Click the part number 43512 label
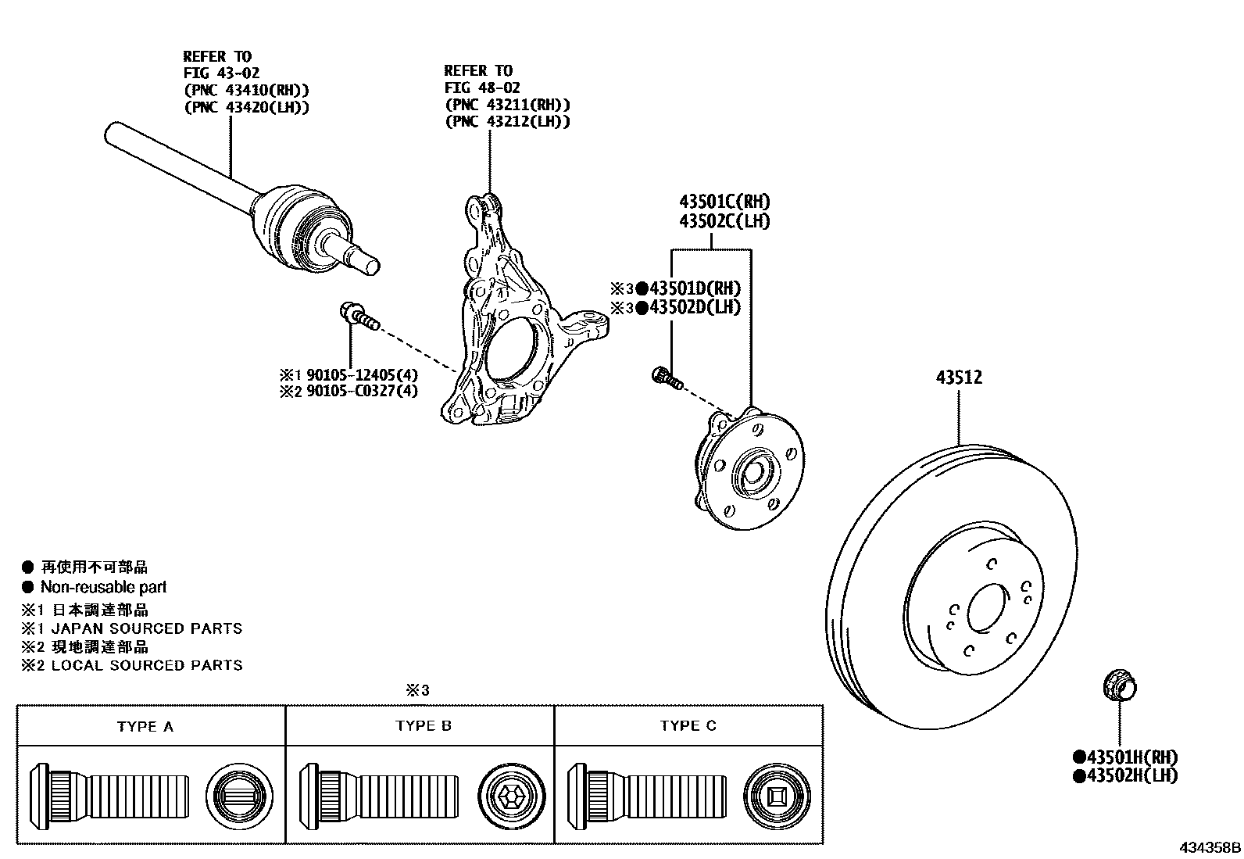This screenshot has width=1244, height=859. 959,378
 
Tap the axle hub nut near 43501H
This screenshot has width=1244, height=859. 1120,686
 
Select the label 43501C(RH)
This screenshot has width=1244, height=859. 724,202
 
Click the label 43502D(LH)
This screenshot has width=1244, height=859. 688,307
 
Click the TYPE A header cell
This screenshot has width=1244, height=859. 145,726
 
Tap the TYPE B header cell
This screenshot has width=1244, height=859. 424,726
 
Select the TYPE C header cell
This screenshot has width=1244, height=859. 688,726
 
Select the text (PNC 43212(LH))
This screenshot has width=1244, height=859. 507,122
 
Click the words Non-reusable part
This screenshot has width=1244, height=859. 103,587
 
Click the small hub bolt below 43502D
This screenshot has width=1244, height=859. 667,378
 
